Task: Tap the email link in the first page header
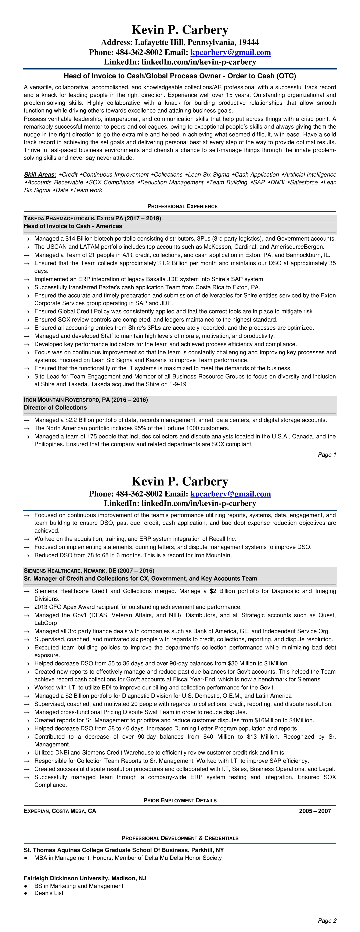tap(230, 53)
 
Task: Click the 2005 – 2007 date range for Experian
tap(315, 811)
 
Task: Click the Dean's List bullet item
tap(49, 893)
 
